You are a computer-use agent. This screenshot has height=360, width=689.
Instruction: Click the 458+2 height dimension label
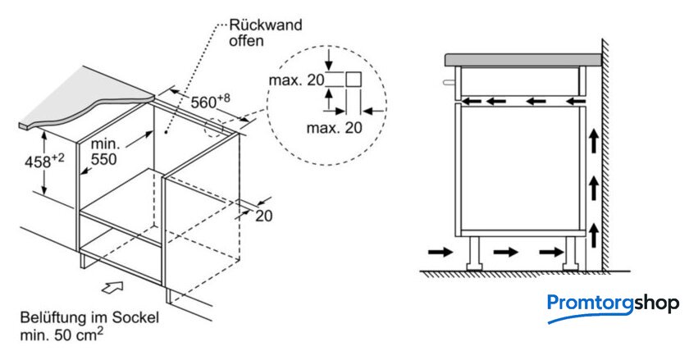click(44, 161)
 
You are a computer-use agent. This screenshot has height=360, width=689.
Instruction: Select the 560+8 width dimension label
click(210, 101)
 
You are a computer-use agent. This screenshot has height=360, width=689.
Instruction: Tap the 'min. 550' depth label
click(105, 152)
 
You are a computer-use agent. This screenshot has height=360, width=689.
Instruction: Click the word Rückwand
click(266, 25)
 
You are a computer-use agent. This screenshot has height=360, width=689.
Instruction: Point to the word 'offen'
click(246, 41)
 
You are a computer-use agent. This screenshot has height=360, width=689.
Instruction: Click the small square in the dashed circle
click(354, 80)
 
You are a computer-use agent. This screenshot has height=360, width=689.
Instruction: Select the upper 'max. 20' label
click(297, 80)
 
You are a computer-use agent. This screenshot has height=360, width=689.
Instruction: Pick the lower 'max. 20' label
click(335, 128)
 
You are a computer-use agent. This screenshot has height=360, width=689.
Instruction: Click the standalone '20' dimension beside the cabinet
click(263, 216)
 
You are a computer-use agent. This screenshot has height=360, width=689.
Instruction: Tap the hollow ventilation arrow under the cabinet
click(112, 287)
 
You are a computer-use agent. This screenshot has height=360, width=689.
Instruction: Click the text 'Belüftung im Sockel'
click(89, 317)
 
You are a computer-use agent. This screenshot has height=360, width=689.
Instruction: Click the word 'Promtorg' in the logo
click(590, 303)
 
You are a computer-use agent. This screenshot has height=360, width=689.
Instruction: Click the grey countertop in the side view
click(523, 60)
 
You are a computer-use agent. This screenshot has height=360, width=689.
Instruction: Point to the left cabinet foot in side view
click(474, 253)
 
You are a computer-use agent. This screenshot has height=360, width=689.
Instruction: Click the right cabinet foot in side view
click(571, 253)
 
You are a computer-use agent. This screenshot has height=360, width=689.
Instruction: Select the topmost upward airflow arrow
click(594, 139)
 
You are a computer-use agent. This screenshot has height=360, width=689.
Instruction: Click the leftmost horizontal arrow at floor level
click(440, 252)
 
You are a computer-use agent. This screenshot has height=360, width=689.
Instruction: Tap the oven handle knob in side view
click(449, 82)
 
